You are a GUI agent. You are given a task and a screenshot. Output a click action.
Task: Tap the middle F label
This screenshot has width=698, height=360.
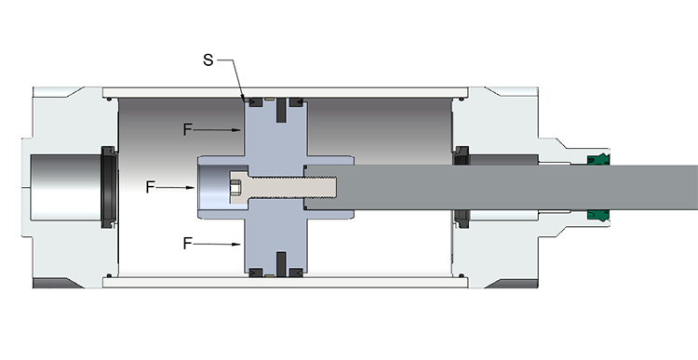[x=151, y=187]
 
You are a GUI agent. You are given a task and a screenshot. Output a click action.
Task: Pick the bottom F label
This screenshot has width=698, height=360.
[x=188, y=243]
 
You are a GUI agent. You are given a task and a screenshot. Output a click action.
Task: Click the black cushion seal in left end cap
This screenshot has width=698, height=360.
[x=108, y=187]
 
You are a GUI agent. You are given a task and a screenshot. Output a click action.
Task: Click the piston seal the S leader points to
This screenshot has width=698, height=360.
[x=248, y=97]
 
